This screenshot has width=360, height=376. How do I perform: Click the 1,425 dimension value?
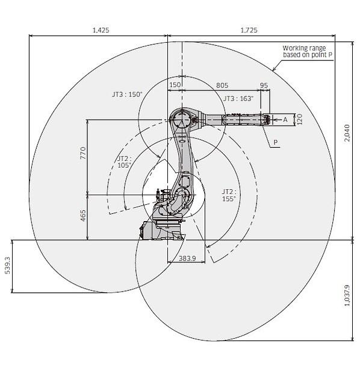tap(101, 30)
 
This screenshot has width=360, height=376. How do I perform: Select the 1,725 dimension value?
tap(249, 30)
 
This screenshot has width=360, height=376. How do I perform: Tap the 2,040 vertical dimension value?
tap(347, 133)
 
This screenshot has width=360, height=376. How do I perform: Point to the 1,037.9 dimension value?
tap(347, 295)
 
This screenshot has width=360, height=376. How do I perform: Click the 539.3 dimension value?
tap(7, 266)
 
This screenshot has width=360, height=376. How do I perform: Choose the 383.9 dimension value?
tap(187, 258)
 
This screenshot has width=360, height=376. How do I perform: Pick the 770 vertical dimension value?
tap(83, 153)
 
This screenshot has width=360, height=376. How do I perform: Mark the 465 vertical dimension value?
tap(83, 215)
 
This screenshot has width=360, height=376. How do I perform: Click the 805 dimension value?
tap(222, 86)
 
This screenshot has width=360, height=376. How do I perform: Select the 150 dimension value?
tap(175, 85)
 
